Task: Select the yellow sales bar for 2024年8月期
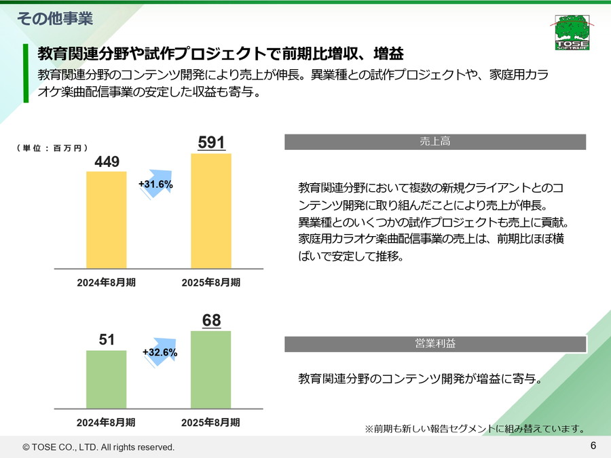point(107,220)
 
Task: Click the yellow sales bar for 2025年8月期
point(211,211)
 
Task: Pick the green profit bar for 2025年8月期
point(211,369)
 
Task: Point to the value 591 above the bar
point(211,142)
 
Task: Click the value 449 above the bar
point(107,161)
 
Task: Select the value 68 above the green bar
point(211,320)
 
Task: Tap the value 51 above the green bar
point(107,340)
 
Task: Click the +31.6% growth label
point(155,184)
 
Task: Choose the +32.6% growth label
point(160,352)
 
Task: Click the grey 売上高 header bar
point(434,142)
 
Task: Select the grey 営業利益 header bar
point(434,343)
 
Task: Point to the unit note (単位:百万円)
point(52,147)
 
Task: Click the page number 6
point(593,446)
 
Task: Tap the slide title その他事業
point(54,18)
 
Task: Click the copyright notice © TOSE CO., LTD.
point(98,447)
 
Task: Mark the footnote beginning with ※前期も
point(475,428)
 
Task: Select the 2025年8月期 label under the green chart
point(210,422)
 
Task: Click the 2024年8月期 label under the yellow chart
point(107,282)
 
